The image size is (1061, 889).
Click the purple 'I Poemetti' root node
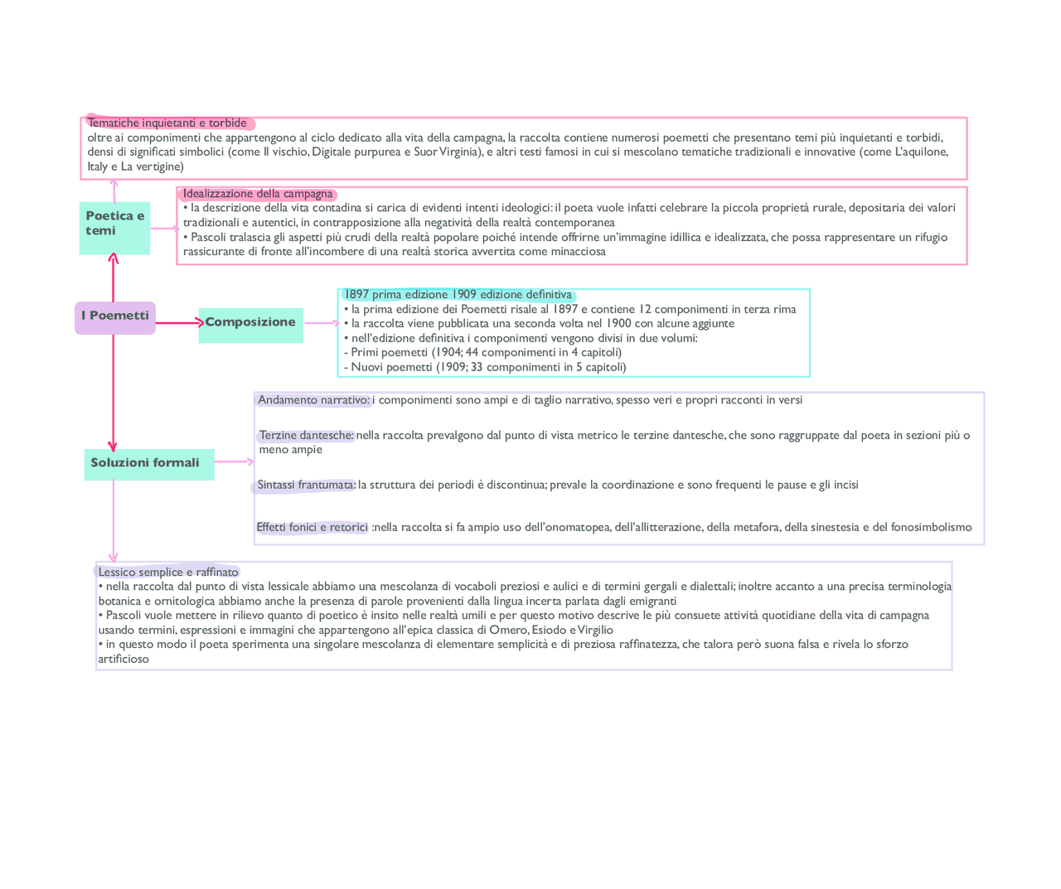coord(115,317)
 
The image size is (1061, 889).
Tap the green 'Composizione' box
coord(250,324)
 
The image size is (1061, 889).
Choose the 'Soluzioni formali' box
coord(148,464)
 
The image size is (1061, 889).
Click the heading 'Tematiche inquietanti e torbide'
coord(167,123)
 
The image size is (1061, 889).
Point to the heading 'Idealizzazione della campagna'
coord(258,194)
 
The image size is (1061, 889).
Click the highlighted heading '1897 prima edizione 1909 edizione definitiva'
coord(458,295)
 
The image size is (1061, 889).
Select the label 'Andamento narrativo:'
coord(313,400)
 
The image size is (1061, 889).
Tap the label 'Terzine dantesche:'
coord(306,436)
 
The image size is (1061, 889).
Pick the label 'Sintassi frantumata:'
coord(305,486)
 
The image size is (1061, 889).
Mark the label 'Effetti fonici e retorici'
coord(312,528)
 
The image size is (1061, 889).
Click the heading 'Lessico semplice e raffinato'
coord(168,573)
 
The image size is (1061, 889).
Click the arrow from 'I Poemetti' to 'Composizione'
coord(177,322)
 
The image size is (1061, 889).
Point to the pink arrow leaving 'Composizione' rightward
coord(322,323)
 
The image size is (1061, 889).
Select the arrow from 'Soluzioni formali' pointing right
coord(234,461)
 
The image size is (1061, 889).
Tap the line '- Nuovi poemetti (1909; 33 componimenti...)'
coord(485,367)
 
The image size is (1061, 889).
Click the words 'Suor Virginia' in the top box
coord(448,152)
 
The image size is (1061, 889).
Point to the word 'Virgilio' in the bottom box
coord(595,630)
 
